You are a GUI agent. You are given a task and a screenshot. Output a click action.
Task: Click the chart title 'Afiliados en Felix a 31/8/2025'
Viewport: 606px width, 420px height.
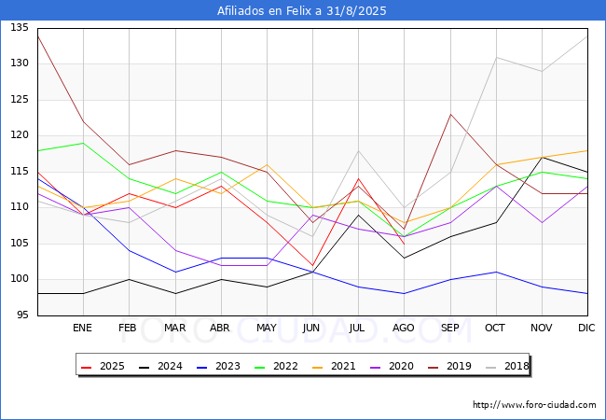(x=301, y=11)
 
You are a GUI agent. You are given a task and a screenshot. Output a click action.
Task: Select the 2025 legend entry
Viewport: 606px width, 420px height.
(x=103, y=366)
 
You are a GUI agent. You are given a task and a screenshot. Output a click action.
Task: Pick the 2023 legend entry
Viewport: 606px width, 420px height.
(x=218, y=366)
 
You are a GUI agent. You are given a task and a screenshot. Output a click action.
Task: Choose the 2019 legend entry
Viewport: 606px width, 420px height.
(x=449, y=366)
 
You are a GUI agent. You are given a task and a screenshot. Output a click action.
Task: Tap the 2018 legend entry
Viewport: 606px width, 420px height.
(x=507, y=366)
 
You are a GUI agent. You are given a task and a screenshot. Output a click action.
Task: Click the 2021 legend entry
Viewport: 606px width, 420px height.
(x=334, y=366)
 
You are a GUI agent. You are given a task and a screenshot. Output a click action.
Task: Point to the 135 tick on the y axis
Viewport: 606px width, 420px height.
(x=20, y=28)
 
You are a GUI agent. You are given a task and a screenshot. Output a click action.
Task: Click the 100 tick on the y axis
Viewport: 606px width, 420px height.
(x=20, y=279)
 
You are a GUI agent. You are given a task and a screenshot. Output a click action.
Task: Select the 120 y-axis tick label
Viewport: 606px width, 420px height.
(x=20, y=135)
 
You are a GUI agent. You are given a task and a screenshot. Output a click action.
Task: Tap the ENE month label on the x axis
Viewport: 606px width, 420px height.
(x=82, y=328)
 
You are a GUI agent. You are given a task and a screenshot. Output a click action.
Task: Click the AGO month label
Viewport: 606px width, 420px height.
(x=404, y=328)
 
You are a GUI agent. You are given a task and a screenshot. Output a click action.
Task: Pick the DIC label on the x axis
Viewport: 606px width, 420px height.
(x=586, y=328)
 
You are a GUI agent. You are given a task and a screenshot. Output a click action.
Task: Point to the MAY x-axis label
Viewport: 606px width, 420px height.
(x=267, y=328)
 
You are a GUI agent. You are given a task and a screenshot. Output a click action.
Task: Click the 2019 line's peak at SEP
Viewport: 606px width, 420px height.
(x=450, y=114)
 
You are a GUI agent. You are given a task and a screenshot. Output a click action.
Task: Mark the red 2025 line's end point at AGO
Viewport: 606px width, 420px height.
(x=405, y=244)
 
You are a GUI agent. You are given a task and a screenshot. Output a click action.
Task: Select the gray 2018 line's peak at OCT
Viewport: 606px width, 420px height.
(x=496, y=57)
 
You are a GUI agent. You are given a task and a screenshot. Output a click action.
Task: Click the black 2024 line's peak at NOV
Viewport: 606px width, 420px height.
(x=543, y=158)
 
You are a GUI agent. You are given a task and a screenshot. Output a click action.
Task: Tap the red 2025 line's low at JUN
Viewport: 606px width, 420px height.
(x=312, y=265)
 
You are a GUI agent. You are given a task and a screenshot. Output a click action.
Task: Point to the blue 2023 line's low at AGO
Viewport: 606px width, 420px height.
(x=405, y=294)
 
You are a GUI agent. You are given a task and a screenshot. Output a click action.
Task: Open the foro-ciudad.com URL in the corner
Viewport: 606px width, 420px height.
(x=534, y=405)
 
